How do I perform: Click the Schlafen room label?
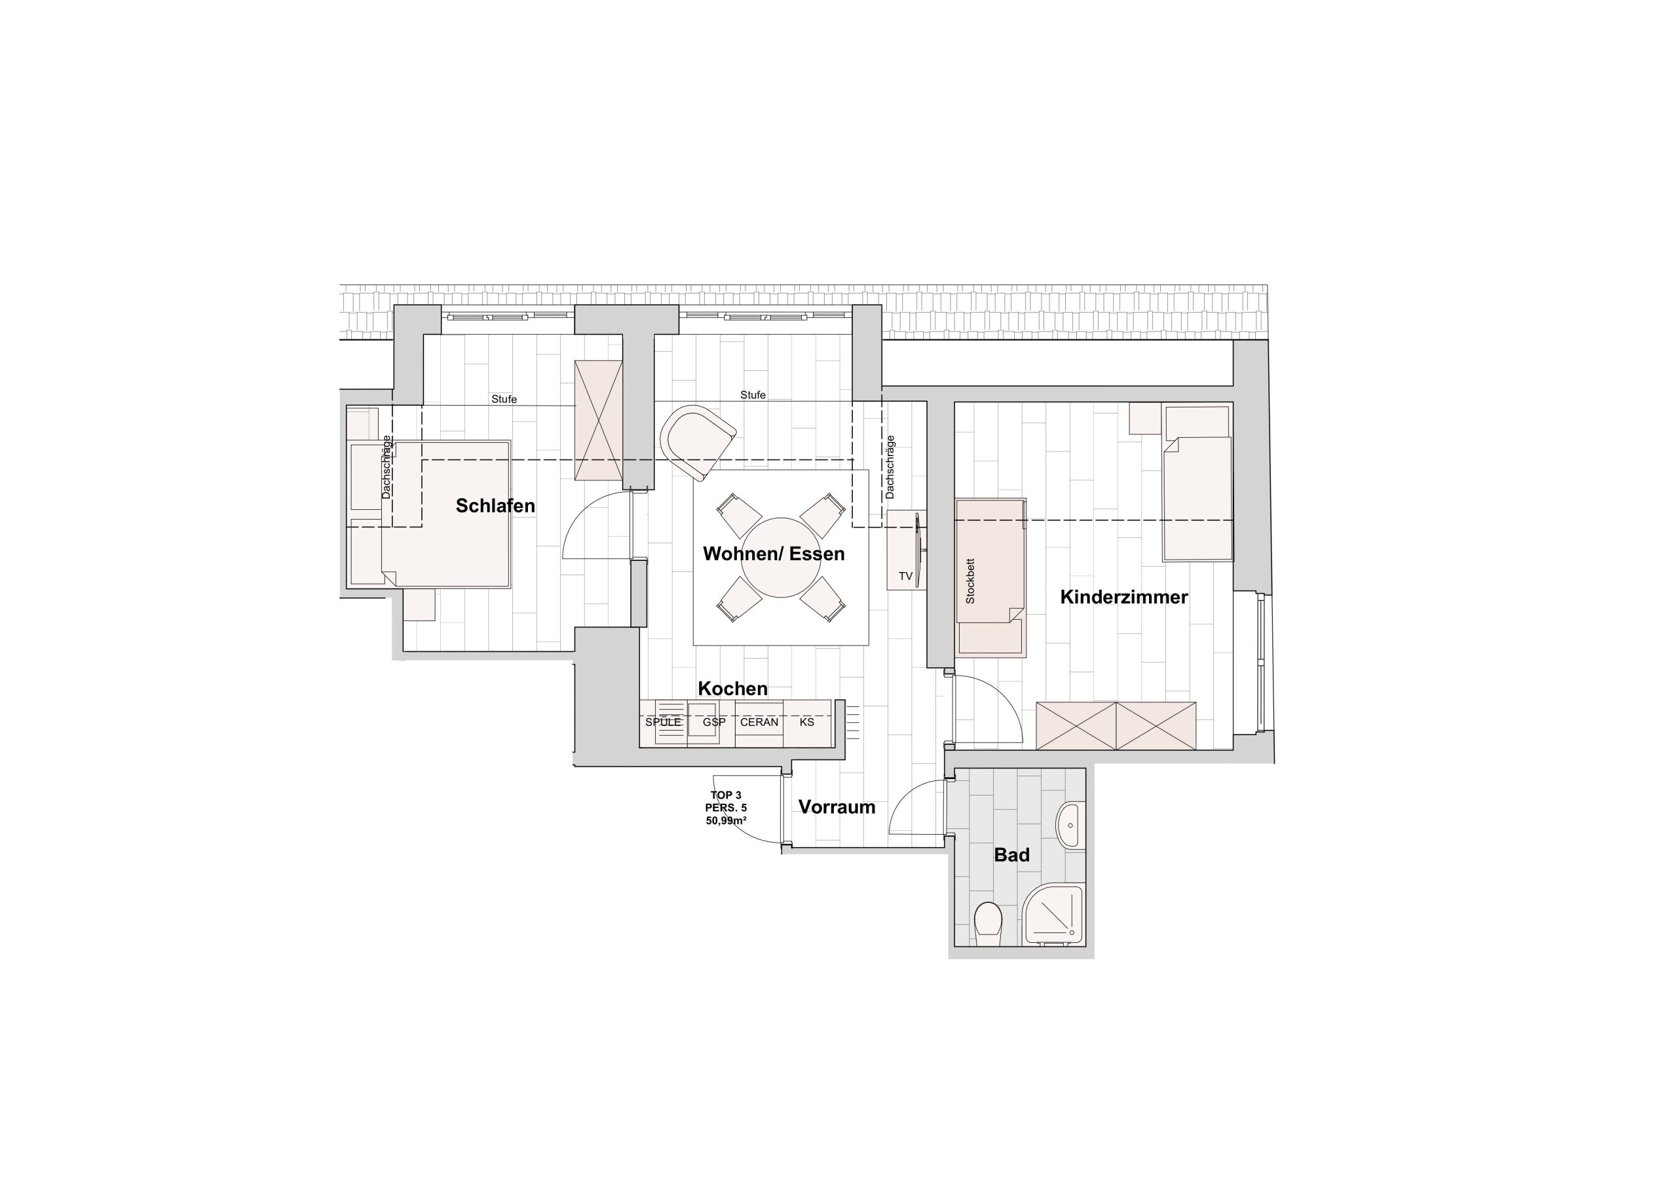[x=495, y=506]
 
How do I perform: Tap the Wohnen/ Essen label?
[x=774, y=554]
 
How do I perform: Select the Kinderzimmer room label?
[x=1124, y=597]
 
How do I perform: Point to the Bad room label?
[x=1011, y=854]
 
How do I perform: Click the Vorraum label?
[x=837, y=807]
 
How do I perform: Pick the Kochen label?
[x=732, y=689]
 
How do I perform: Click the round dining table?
[x=781, y=558]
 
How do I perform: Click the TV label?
[x=906, y=577]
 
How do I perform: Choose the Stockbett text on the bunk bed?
[x=970, y=582]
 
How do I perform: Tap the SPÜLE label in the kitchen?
[x=663, y=722]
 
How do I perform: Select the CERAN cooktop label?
[x=759, y=722]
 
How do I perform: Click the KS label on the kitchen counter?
[x=806, y=722]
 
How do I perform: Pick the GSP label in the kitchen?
[x=714, y=722]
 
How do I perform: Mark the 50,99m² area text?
[x=726, y=820]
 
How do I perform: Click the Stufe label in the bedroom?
[x=504, y=399]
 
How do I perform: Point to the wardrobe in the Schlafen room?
[x=598, y=420]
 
